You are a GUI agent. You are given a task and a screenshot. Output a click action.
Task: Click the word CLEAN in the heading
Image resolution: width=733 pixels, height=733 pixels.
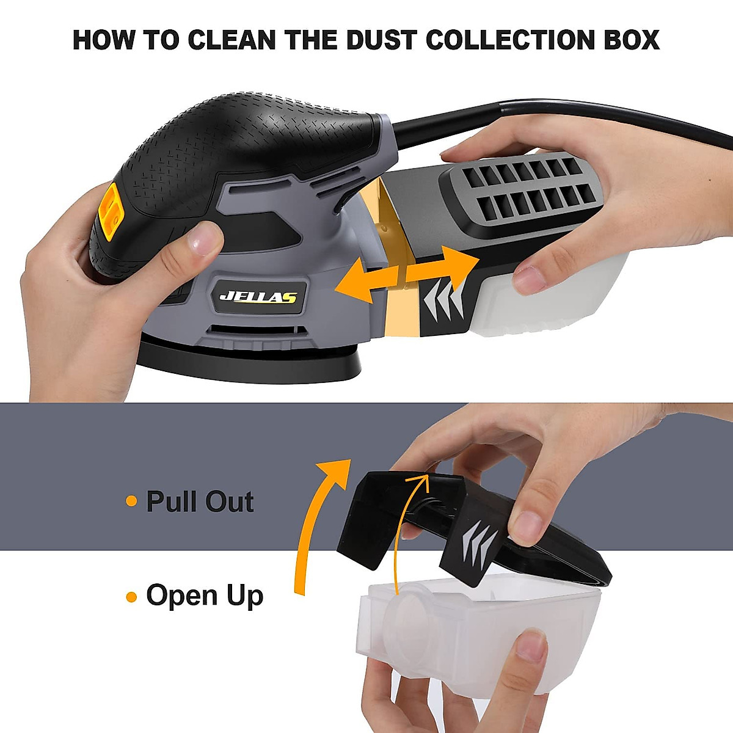click(232, 40)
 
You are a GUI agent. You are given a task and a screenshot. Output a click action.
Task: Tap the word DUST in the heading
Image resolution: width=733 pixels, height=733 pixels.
click(382, 40)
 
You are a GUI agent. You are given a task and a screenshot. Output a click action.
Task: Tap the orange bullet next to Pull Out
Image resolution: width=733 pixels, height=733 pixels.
click(131, 501)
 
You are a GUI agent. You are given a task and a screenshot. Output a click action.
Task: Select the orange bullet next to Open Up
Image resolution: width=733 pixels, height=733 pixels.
click(131, 596)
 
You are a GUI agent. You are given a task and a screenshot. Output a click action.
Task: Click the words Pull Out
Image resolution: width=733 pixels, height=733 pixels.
click(200, 501)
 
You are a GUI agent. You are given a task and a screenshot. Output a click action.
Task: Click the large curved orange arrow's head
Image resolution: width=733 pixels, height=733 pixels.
click(335, 472)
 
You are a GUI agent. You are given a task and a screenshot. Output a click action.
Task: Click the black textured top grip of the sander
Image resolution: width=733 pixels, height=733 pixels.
click(244, 152)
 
